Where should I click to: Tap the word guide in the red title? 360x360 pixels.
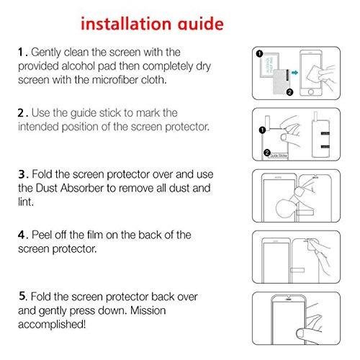[x=200, y=24]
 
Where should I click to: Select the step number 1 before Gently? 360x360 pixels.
[x=21, y=52]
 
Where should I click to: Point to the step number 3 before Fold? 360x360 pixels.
[x=22, y=174]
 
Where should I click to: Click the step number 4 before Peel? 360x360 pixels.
[x=22, y=235]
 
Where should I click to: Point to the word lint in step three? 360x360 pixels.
[x=26, y=202]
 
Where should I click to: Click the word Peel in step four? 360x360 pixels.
[x=42, y=235]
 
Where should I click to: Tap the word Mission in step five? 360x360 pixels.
[x=148, y=310]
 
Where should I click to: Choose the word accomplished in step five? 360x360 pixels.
[x=51, y=324]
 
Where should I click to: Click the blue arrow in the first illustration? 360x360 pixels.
[x=294, y=73]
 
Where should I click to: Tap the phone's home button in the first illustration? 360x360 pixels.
[x=311, y=92]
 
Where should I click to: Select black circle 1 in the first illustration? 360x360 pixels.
[x=259, y=54]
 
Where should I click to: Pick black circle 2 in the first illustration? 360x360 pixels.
[x=289, y=92]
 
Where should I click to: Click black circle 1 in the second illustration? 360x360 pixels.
[x=262, y=130]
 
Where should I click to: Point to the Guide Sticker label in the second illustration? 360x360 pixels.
[x=279, y=156]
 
